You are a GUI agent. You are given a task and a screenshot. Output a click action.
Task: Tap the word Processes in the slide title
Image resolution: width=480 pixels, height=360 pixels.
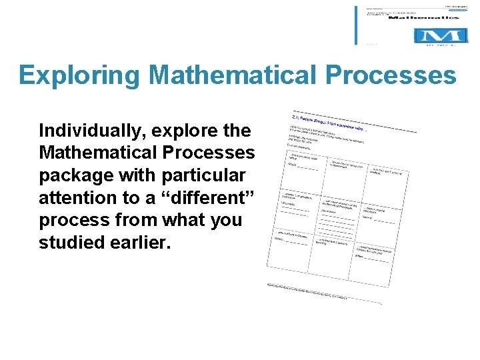pyautogui.click(x=391, y=76)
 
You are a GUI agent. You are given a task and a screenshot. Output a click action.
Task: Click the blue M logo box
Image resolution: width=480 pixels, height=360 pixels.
pyautogui.click(x=440, y=36)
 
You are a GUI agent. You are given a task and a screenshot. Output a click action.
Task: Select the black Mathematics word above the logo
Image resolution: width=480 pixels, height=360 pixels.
pyautogui.click(x=427, y=19)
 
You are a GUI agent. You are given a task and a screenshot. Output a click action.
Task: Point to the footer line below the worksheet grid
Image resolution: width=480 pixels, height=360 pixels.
pyautogui.click(x=323, y=292)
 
